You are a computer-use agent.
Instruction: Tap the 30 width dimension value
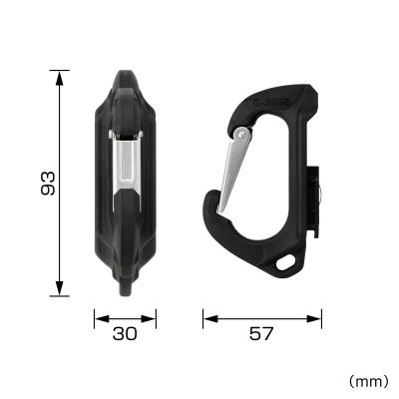(125, 334)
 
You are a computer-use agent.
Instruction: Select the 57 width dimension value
(262, 334)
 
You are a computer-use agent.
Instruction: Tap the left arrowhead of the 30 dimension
(98, 319)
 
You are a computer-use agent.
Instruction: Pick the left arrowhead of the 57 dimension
(207, 319)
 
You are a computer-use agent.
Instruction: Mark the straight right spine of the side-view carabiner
(303, 180)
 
